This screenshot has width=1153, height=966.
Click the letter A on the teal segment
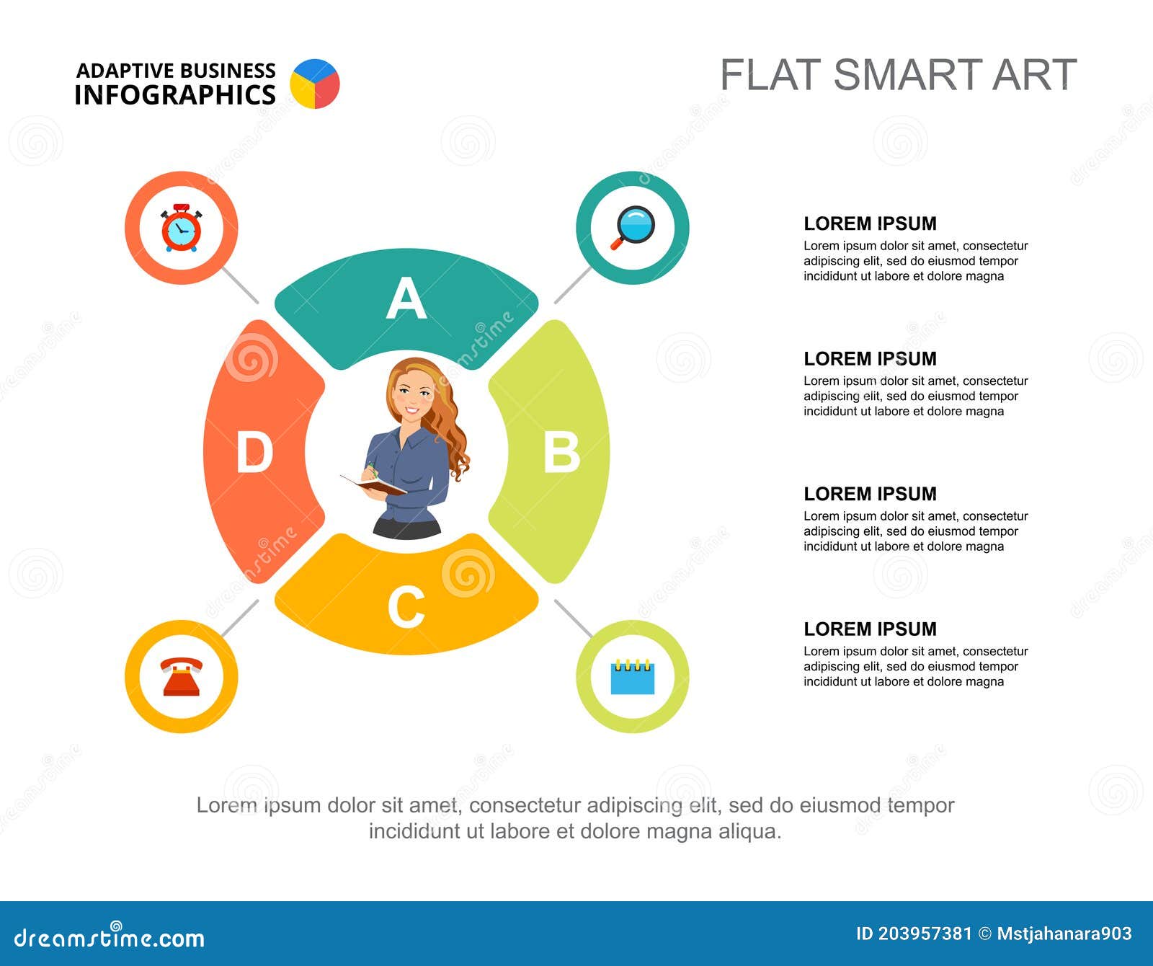click(x=406, y=298)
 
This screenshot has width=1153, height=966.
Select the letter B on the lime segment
click(x=561, y=452)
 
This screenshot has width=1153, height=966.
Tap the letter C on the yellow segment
click(x=406, y=607)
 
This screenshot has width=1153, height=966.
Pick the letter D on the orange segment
click(x=254, y=452)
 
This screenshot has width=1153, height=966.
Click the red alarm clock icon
click(x=181, y=228)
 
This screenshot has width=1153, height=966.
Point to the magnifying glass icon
click(x=633, y=227)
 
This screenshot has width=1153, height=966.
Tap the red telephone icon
click(x=181, y=676)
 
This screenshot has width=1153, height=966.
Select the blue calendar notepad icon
click(x=633, y=676)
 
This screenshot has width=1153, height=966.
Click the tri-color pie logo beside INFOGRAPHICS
click(x=315, y=84)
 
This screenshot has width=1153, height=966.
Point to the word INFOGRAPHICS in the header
click(x=175, y=94)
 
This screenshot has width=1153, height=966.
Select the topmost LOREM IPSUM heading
click(x=870, y=223)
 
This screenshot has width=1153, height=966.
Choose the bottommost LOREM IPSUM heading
click(x=870, y=629)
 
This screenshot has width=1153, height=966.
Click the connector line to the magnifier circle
click(x=573, y=285)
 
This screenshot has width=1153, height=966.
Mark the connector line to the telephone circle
click(x=240, y=619)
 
